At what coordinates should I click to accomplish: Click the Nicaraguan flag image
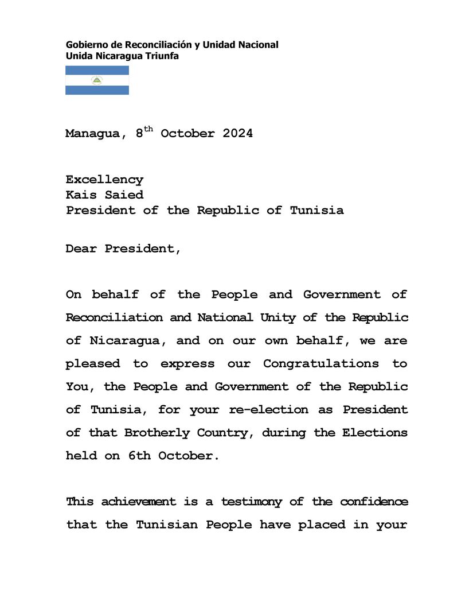97,80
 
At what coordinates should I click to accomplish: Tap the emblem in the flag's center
97,80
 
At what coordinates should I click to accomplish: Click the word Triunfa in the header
163,56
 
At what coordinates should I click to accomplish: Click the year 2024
237,134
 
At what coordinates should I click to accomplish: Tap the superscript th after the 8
148,130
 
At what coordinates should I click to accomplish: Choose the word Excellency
104,180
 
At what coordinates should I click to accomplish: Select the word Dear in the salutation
81,249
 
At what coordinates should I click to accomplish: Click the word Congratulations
321,364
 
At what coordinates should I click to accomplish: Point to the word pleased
93,364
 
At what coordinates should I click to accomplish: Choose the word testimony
252,502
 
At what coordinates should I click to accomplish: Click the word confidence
374,502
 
